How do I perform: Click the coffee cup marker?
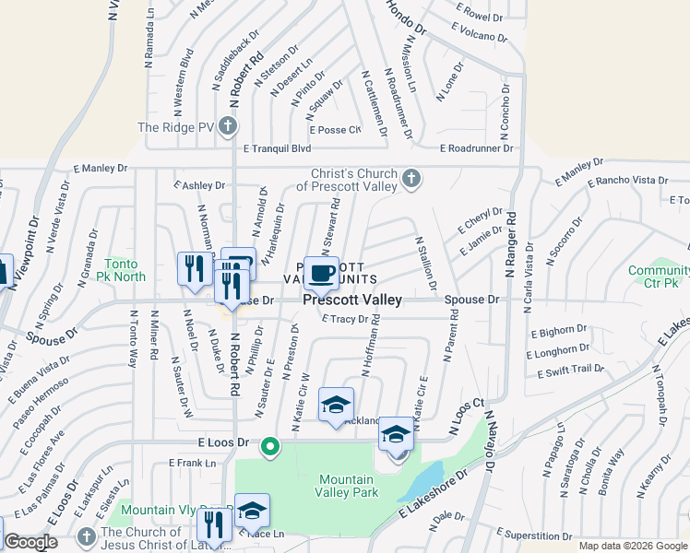[322, 273]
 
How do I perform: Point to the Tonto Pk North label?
[126, 270]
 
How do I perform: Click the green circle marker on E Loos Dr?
[269, 447]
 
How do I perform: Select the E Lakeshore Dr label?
[433, 498]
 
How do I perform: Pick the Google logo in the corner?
[30, 542]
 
